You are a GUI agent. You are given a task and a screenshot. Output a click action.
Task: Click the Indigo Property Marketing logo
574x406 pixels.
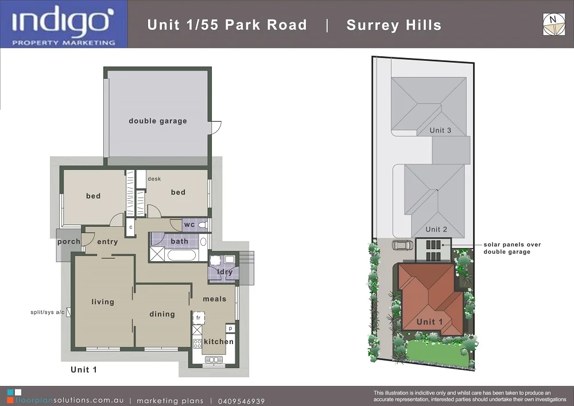point(64,24)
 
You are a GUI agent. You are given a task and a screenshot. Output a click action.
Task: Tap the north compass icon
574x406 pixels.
point(553,24)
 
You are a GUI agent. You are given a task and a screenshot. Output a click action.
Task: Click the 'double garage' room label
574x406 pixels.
point(158,121)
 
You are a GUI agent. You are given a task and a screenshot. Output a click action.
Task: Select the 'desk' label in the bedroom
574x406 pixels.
point(154,179)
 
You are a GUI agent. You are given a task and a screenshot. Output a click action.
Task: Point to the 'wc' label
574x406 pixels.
point(189,225)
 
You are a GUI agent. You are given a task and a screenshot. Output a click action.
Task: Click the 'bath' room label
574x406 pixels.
point(179,241)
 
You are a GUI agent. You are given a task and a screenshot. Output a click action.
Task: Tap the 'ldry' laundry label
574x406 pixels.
point(225,272)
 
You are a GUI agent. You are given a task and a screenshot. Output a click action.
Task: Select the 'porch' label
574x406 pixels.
point(69,242)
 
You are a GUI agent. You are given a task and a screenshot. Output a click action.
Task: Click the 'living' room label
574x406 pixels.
point(103,302)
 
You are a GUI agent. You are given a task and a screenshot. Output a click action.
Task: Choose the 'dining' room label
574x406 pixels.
point(162,314)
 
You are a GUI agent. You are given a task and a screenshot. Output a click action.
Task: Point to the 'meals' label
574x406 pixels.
point(215,299)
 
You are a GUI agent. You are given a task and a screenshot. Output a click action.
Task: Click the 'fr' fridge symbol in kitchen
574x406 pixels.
point(198,318)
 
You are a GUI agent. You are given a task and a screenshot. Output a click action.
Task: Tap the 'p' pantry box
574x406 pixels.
point(230,328)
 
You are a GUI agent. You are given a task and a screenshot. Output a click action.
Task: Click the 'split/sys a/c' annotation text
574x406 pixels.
point(48,312)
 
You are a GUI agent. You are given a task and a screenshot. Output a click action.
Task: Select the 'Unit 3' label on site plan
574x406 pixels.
point(440,130)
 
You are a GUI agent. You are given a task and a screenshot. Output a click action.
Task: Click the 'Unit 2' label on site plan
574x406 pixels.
point(436,230)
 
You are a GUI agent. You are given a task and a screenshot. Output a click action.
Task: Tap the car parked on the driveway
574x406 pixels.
point(402,245)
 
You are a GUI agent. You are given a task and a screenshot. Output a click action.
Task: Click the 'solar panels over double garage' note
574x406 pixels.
point(512,248)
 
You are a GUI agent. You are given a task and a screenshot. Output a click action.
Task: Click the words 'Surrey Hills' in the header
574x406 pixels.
point(394,25)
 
